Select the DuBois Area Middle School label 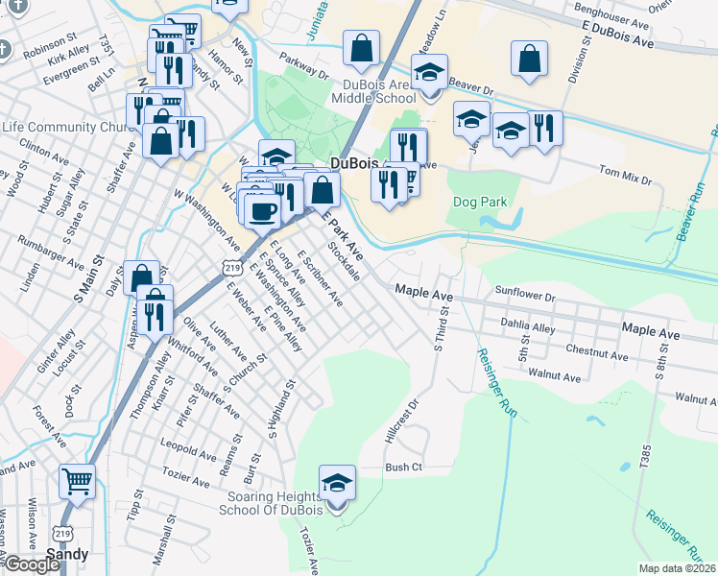[372, 89]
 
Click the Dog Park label [480, 203]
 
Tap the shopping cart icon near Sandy [77, 481]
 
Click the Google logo [31, 564]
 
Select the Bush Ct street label [404, 468]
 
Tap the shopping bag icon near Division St [529, 59]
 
